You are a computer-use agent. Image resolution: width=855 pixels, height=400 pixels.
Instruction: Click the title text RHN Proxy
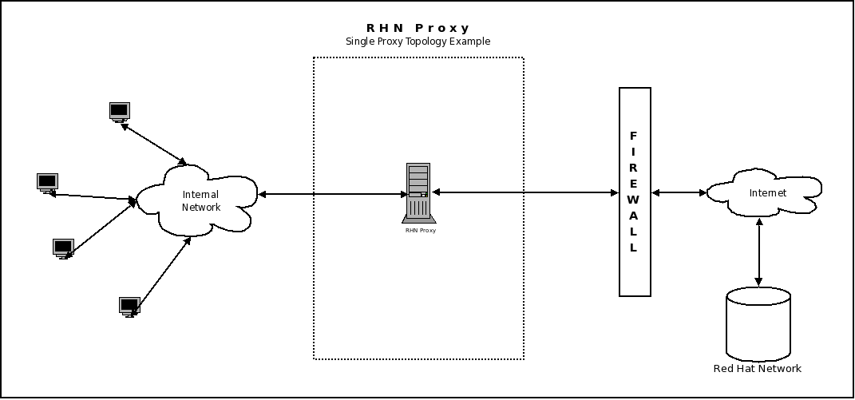click(418, 29)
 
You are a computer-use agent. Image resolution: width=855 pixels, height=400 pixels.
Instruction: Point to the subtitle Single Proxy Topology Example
click(418, 42)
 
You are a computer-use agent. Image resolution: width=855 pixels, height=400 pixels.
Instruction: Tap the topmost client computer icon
click(120, 112)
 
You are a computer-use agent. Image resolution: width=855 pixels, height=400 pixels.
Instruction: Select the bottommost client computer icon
click(129, 307)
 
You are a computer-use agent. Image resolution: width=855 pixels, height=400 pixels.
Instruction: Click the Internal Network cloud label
click(200, 200)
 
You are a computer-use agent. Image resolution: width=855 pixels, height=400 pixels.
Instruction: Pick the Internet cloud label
click(767, 193)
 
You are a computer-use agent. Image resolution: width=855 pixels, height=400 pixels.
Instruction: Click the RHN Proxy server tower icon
click(418, 192)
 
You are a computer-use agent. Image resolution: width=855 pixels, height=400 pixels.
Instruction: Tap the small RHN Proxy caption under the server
click(421, 230)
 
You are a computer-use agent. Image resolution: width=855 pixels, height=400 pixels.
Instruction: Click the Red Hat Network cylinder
click(758, 323)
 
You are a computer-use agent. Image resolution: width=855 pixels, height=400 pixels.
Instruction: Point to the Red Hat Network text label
click(757, 369)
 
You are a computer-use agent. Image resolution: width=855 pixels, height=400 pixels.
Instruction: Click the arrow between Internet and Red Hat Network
click(758, 251)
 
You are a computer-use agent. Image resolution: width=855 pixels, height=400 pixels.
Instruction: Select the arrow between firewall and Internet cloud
click(679, 192)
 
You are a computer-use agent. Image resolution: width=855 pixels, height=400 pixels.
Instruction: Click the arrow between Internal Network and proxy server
click(332, 194)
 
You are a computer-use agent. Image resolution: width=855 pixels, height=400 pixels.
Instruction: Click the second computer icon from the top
click(47, 183)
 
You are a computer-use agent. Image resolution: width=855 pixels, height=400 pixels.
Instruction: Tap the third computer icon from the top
click(63, 248)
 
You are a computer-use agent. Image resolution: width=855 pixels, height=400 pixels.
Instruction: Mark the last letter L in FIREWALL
click(634, 248)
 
